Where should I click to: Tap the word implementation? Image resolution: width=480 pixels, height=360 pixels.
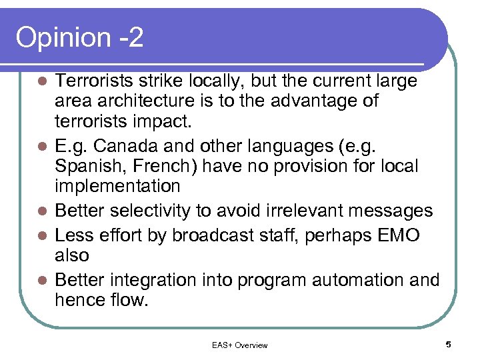pyautogui.click(x=117, y=185)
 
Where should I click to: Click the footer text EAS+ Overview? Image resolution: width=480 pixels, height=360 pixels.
pyautogui.click(x=239, y=345)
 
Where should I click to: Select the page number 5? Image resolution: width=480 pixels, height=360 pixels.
pyautogui.click(x=448, y=344)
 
